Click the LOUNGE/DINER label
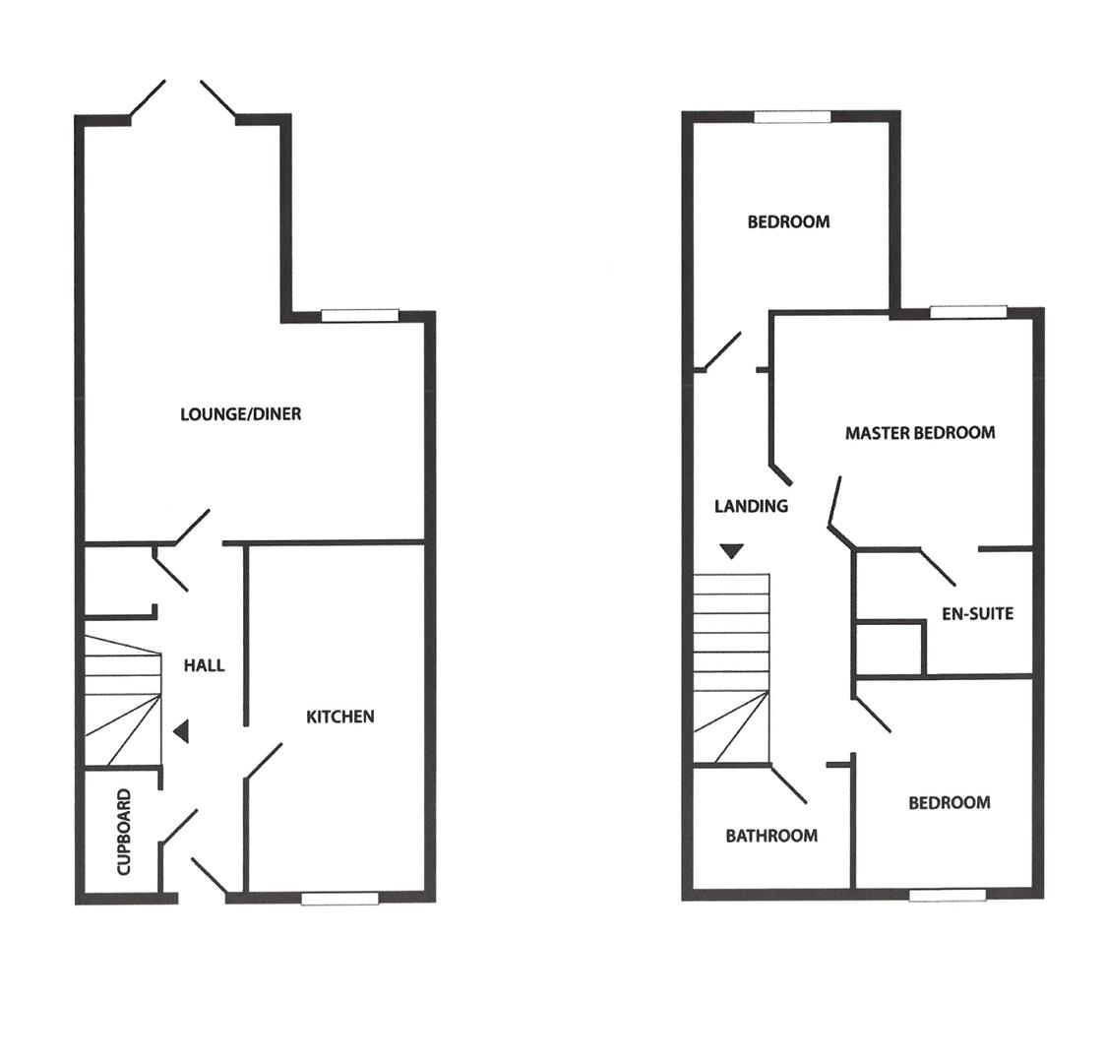(x=240, y=414)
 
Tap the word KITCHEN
(x=340, y=717)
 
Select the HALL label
(x=204, y=665)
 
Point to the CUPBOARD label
(x=124, y=832)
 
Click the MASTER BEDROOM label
(x=920, y=432)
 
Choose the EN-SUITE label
(x=977, y=613)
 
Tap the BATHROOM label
(x=771, y=836)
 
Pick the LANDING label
(x=751, y=506)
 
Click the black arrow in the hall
(x=181, y=731)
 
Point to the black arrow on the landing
(x=730, y=551)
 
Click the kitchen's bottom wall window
(x=339, y=898)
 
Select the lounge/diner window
(x=359, y=315)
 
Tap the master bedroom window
(x=968, y=312)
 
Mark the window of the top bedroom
(x=792, y=116)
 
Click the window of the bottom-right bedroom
(x=947, y=895)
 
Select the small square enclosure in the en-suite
(x=890, y=648)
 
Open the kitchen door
(x=264, y=761)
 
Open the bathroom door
(x=789, y=784)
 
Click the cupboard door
(x=180, y=826)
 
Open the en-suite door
(x=937, y=567)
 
